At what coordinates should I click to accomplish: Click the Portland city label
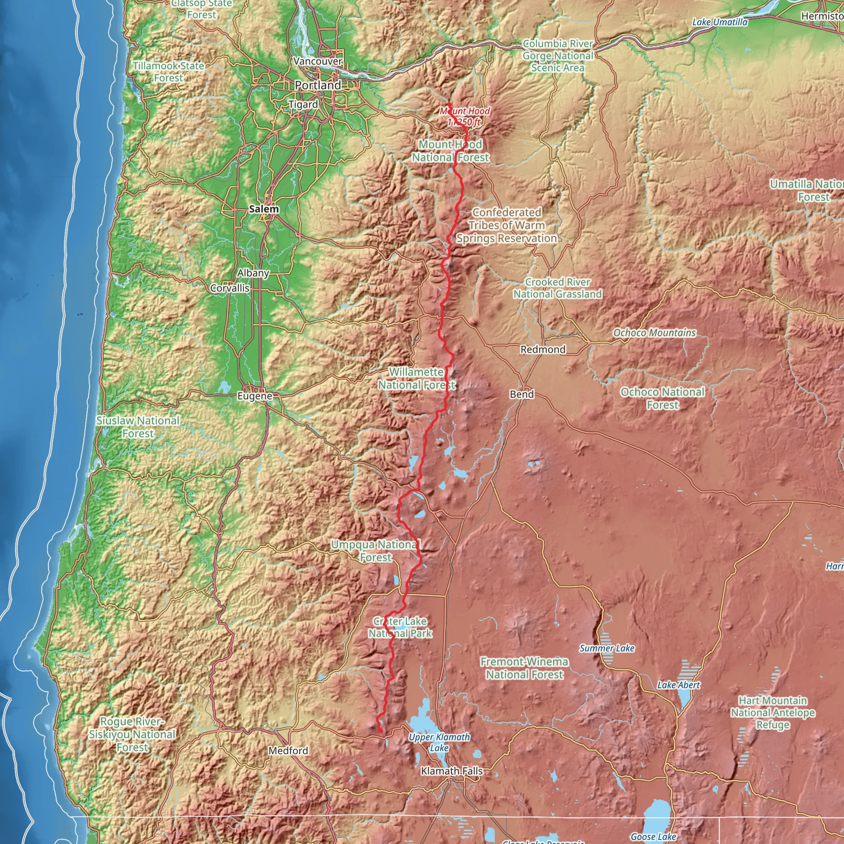[318, 85]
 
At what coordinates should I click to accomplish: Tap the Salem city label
[264, 209]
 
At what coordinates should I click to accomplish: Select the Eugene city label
[255, 396]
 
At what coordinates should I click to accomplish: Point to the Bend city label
[522, 394]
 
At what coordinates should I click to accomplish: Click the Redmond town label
[543, 349]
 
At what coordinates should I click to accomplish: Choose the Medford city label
[288, 750]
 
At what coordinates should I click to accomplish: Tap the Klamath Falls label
[452, 771]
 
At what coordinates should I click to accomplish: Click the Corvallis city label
[230, 288]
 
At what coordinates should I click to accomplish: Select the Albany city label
[253, 272]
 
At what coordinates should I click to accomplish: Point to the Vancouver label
[318, 61]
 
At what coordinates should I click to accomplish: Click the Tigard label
[303, 104]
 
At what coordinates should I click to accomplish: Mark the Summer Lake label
[606, 648]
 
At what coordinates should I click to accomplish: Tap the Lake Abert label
[678, 685]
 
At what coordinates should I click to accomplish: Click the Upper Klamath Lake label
[439, 742]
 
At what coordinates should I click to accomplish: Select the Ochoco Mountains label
[654, 333]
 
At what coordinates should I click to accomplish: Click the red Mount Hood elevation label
[464, 116]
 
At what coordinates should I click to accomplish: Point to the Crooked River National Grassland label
[558, 288]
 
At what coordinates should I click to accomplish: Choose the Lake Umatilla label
[720, 22]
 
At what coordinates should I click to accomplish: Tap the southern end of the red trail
[380, 731]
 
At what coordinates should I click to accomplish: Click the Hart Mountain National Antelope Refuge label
[772, 713]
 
